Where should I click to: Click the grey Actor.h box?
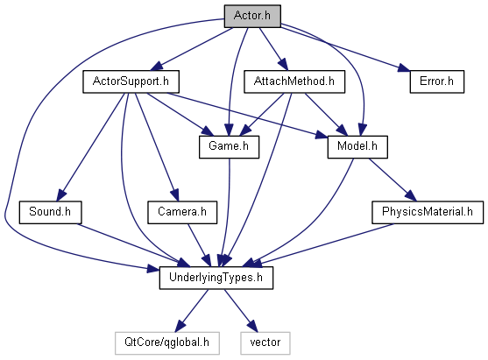tap(252, 16)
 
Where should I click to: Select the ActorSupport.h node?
tap(131, 81)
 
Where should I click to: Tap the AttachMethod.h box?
tap(294, 81)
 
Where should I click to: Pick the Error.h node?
tap(437, 81)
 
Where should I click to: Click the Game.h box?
tap(229, 147)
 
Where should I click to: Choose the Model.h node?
tap(357, 147)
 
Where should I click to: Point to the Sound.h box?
tap(50, 212)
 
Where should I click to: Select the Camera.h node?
tap(182, 212)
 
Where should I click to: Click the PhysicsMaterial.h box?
tap(428, 212)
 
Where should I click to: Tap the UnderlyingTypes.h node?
tap(216, 278)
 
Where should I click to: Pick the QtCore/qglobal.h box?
tap(167, 343)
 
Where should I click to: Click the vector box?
tap(265, 343)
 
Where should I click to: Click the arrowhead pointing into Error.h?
tap(403, 68)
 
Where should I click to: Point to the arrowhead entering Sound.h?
tap(61, 195)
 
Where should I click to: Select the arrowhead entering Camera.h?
tap(175, 195)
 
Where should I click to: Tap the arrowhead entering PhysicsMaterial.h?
tap(411, 195)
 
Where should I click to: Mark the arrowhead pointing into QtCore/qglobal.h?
tap(180, 327)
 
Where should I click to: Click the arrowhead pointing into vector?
tap(252, 327)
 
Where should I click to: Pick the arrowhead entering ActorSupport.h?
tap(157, 67)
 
